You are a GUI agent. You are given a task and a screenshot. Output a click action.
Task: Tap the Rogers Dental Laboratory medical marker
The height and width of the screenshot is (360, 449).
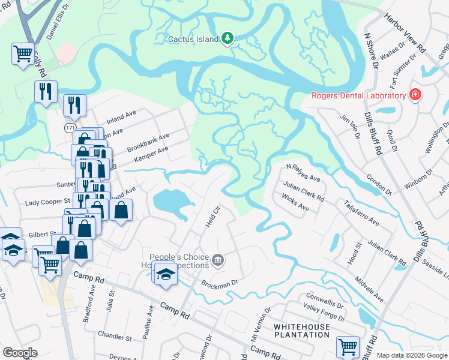coord(414,95)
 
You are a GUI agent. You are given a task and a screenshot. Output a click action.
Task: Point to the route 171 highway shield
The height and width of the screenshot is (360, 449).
coord(71,128)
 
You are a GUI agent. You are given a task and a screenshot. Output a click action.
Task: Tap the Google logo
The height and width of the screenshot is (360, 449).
coord(20,353)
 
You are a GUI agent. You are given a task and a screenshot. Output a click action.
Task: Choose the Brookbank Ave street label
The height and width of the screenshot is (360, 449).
coord(148,142)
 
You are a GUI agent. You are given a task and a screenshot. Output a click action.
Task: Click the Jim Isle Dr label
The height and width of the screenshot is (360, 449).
coord(349,127)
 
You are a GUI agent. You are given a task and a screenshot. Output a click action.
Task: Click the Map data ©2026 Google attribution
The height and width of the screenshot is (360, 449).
coord(412,355)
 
